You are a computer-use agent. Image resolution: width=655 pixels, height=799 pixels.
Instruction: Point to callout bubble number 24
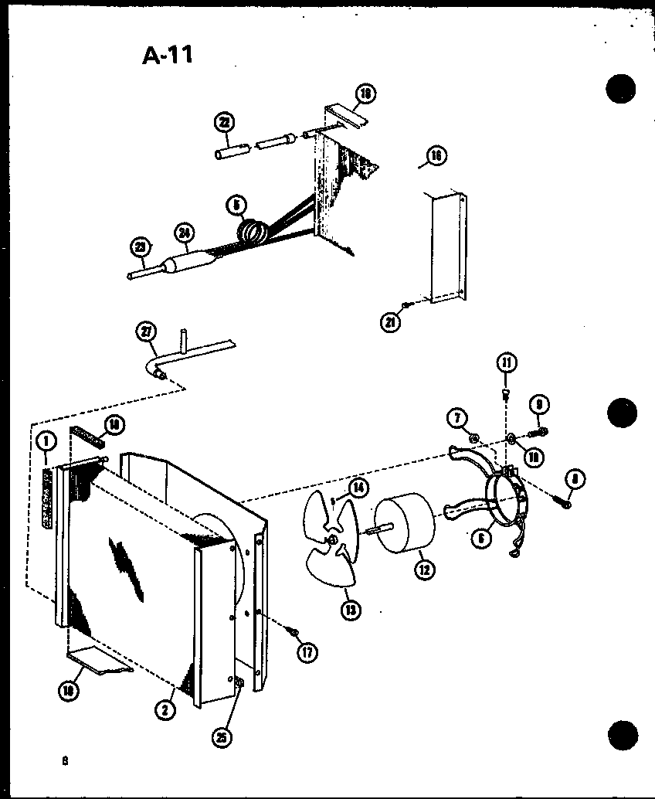point(185,232)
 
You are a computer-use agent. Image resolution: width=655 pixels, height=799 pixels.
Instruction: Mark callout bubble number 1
point(46,442)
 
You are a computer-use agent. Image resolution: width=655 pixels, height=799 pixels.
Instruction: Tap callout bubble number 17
point(307,651)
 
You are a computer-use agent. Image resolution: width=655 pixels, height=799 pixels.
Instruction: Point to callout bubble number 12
point(423,569)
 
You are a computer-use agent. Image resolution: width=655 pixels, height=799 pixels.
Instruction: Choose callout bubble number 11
point(507,363)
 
